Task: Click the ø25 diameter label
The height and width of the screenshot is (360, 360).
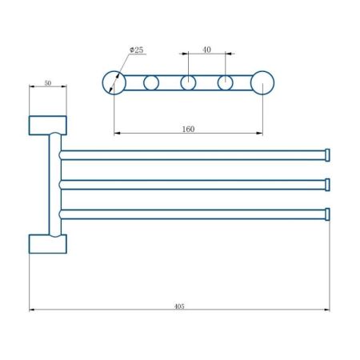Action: pyautogui.click(x=137, y=50)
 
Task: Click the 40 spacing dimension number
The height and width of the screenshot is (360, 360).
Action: pyautogui.click(x=206, y=50)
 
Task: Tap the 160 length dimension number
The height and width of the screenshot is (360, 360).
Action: pyautogui.click(x=188, y=129)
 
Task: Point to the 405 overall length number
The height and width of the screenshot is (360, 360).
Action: pyautogui.click(x=178, y=306)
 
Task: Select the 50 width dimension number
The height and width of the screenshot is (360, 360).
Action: pyautogui.click(x=48, y=82)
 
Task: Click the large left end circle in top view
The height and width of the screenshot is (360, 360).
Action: pyautogui.click(x=114, y=82)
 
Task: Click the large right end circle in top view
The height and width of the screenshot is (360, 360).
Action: pyautogui.click(x=262, y=82)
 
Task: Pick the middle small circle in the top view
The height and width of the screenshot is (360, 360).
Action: pyautogui.click(x=188, y=82)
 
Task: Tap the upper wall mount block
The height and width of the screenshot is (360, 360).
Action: pyautogui.click(x=48, y=125)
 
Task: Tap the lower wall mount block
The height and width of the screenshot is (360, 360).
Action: pyautogui.click(x=48, y=242)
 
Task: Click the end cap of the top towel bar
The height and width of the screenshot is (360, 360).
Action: pyautogui.click(x=326, y=154)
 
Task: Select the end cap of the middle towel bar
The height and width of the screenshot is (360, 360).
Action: pyautogui.click(x=326, y=184)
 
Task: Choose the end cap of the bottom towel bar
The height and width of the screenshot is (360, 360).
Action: pyautogui.click(x=326, y=214)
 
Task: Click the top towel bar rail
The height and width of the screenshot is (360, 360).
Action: pyautogui.click(x=192, y=154)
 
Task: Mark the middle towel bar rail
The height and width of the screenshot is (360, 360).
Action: pyautogui.click(x=192, y=184)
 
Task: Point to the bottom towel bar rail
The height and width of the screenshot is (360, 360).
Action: pyautogui.click(x=192, y=214)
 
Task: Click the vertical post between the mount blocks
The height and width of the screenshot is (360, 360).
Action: pyautogui.click(x=54, y=184)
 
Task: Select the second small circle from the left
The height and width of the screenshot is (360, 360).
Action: pyautogui.click(x=151, y=82)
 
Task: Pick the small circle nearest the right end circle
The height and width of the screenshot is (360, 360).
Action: pyautogui.click(x=226, y=82)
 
